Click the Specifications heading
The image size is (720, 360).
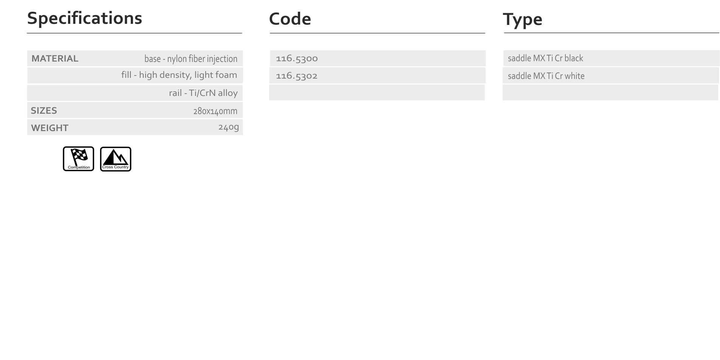(85, 19)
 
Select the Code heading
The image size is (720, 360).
(290, 19)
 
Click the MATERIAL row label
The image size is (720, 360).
(55, 59)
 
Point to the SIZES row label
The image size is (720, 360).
(44, 111)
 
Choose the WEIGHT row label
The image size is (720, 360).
(50, 128)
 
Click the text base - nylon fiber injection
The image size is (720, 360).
(191, 59)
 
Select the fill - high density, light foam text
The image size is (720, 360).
(179, 75)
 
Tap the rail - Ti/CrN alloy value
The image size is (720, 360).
(203, 93)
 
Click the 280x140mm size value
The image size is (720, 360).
(215, 111)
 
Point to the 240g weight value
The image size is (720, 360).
(229, 127)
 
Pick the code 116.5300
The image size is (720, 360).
(297, 59)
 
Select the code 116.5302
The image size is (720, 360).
(297, 76)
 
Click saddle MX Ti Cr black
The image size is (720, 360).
(545, 58)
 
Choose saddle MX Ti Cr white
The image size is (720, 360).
(546, 76)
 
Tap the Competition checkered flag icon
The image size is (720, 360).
(79, 159)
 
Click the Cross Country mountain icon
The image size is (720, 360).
(116, 159)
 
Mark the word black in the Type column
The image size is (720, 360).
(574, 58)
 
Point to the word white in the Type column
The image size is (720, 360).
(574, 76)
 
